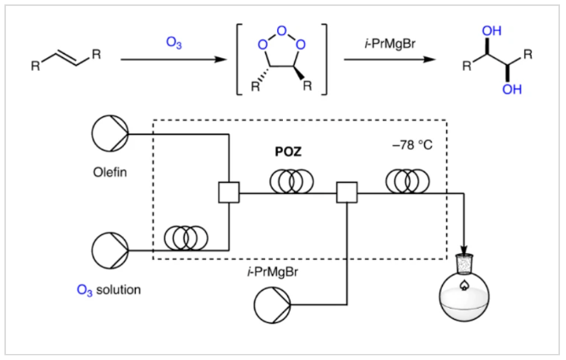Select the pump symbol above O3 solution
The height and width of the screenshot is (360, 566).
(110, 249)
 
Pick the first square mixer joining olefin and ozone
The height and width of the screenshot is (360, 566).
(228, 194)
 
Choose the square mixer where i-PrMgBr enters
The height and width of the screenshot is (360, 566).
(346, 194)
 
